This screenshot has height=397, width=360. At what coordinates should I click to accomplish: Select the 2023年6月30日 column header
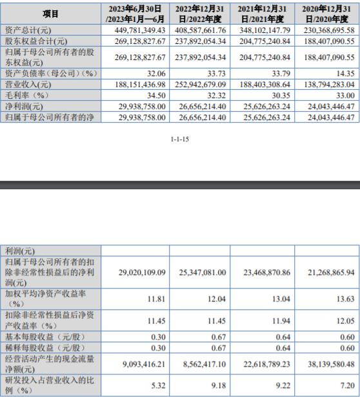coord(132,13)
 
